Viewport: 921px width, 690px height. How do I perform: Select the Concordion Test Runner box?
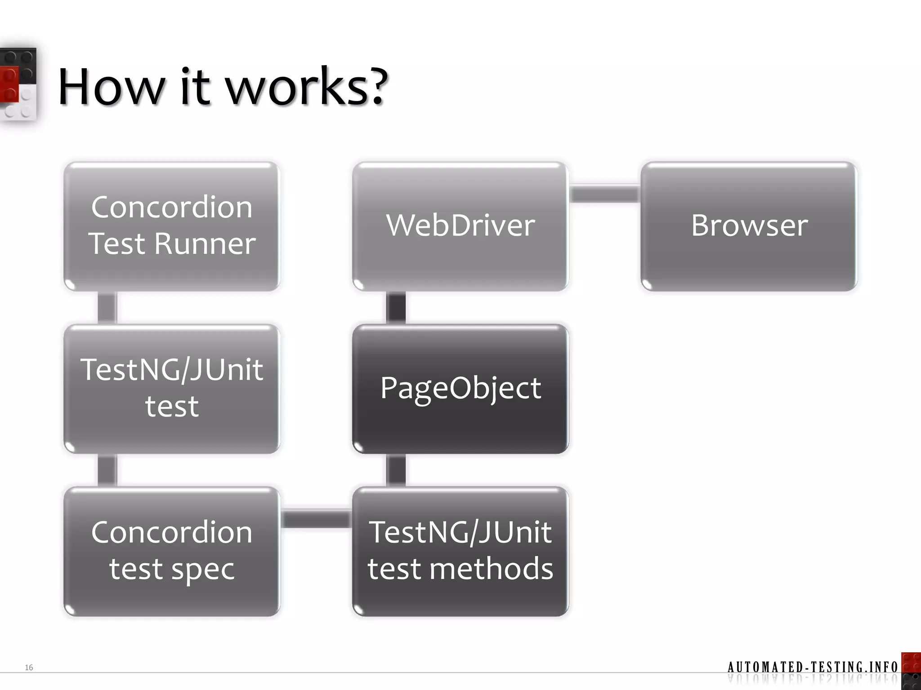tap(172, 226)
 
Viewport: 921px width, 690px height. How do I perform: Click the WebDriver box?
tap(460, 226)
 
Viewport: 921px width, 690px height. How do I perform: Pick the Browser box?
tap(749, 226)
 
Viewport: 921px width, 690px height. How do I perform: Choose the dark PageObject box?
tap(460, 389)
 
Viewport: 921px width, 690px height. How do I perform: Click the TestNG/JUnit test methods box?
tap(460, 552)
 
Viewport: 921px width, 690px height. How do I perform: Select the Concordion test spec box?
tap(172, 552)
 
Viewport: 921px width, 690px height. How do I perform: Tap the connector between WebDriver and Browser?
tap(605, 194)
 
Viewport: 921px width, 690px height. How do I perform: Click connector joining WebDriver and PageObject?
tap(396, 308)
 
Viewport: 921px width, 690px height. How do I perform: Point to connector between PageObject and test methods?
tap(396, 470)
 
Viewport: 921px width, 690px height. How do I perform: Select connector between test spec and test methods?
tap(316, 519)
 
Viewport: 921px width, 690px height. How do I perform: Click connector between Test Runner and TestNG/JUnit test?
tap(107, 308)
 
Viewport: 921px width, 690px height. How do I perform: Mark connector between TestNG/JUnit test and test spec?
tap(107, 470)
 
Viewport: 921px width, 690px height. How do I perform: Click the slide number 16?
tap(29, 668)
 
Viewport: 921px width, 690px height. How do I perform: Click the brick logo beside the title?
tap(18, 85)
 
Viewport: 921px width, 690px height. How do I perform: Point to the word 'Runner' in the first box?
tap(205, 244)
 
